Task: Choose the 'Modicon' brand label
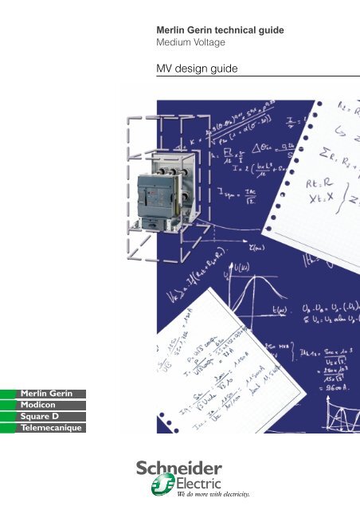pos(39,406)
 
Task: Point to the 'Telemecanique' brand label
pos(49,428)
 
